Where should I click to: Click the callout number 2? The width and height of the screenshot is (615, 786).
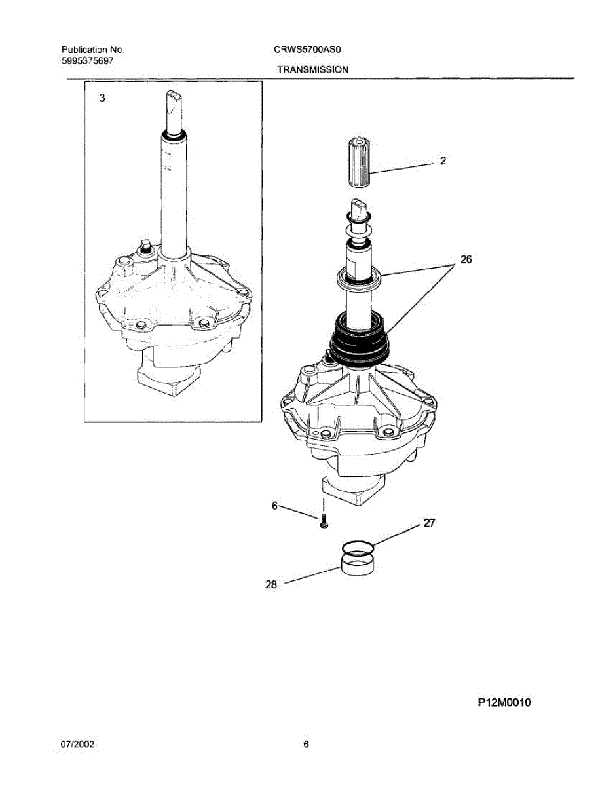443,160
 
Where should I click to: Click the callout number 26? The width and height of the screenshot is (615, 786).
466,259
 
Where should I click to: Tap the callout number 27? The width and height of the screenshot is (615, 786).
430,523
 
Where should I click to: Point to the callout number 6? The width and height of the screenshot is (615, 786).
274,505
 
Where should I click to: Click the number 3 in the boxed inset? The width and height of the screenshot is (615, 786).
101,98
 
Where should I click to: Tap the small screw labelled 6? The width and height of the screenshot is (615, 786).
324,522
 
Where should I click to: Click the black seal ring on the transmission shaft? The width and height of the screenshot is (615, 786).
359,338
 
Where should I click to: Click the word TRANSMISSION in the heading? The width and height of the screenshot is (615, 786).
312,69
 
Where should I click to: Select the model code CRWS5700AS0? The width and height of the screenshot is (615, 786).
304,50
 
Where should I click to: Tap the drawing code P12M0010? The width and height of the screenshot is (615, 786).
504,702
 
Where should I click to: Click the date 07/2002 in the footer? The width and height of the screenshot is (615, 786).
78,745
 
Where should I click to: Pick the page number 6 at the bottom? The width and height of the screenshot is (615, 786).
306,745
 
